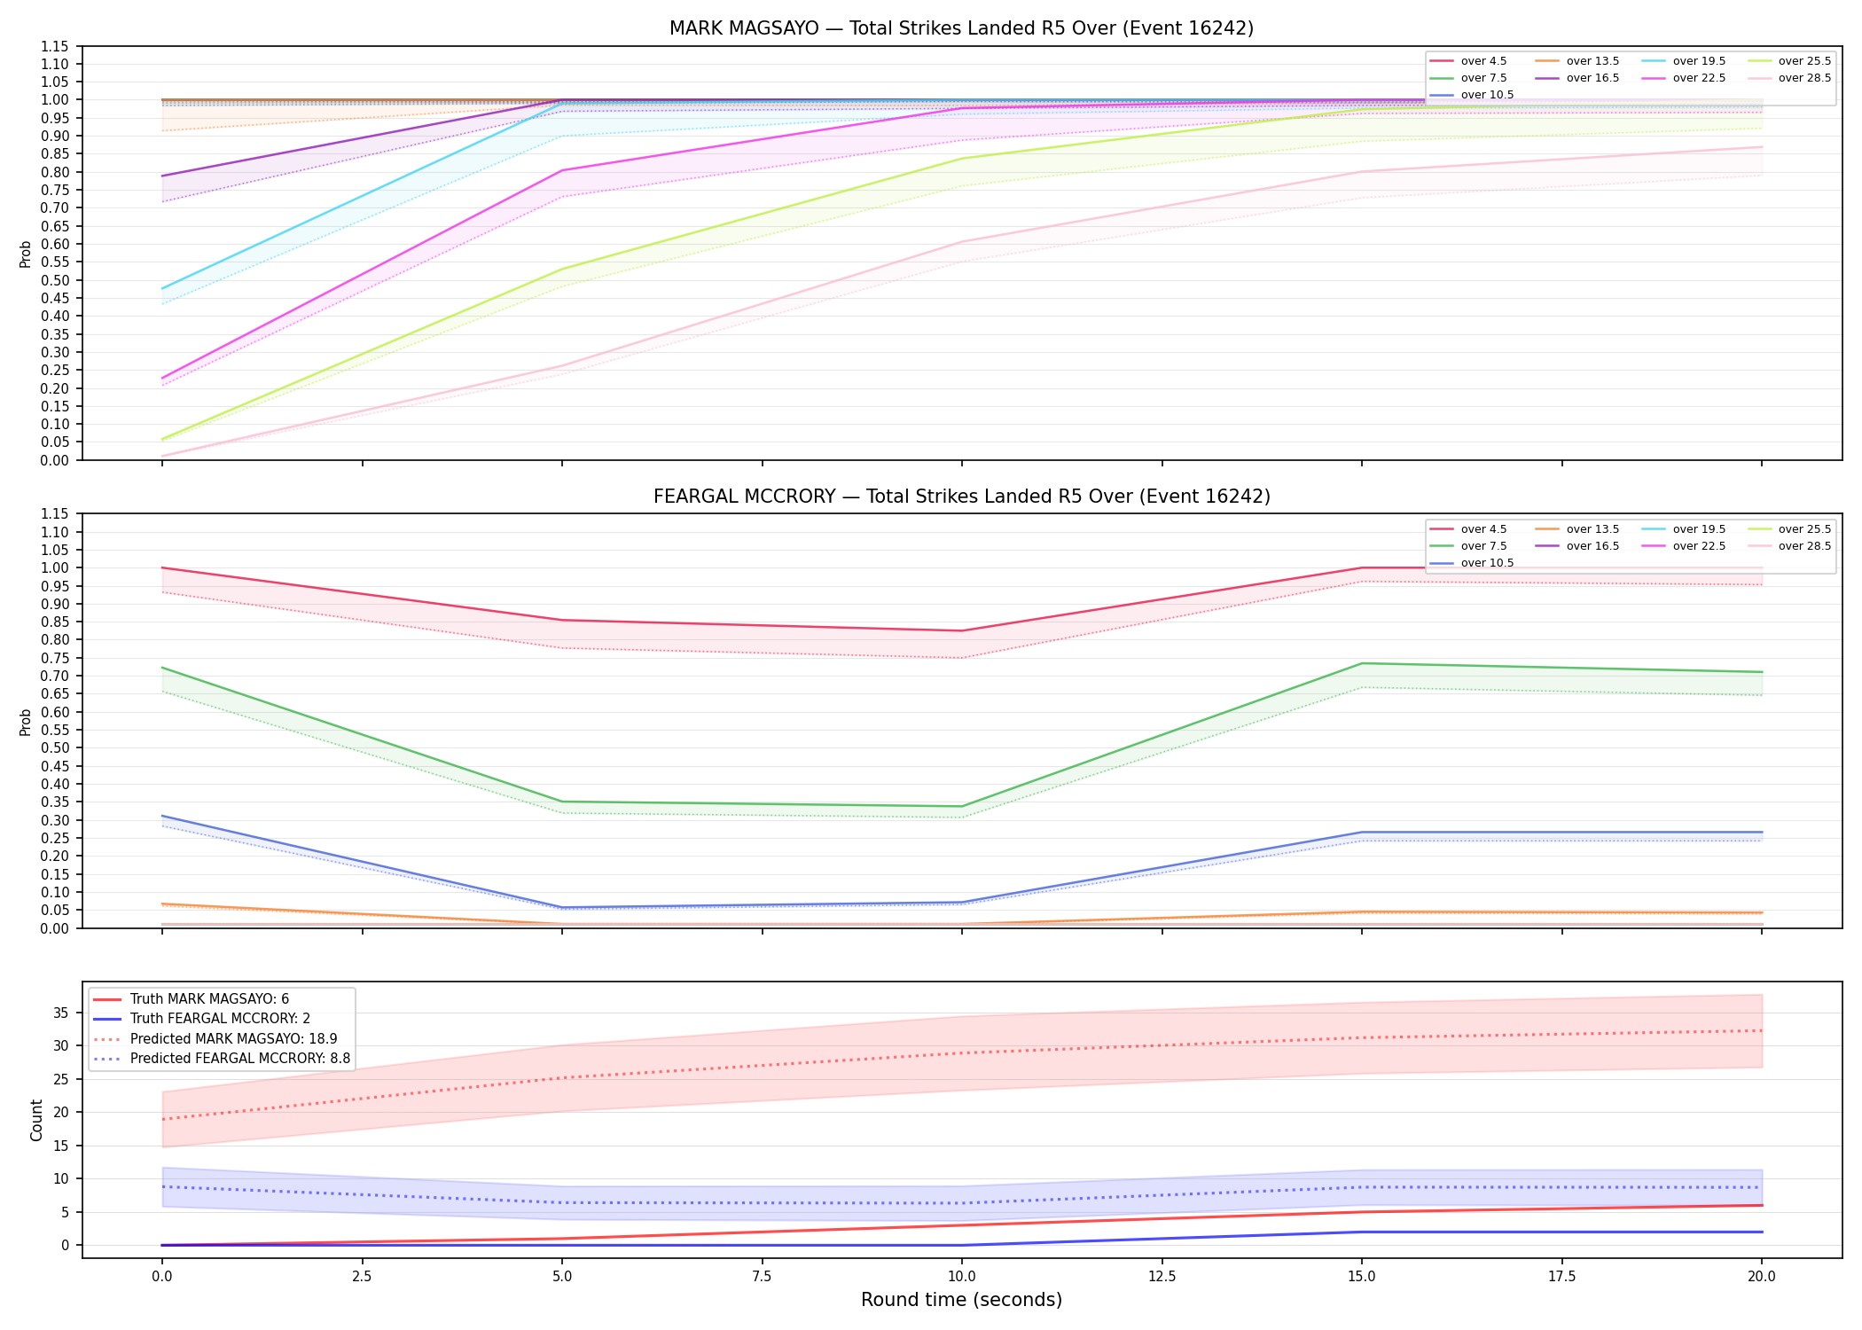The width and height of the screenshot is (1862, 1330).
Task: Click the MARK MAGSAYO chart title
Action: click(x=961, y=28)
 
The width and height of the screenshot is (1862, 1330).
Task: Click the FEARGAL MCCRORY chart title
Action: click(x=961, y=497)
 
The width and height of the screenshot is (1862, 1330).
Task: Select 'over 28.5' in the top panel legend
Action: click(x=1804, y=78)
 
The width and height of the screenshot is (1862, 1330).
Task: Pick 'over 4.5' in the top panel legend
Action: click(x=1483, y=61)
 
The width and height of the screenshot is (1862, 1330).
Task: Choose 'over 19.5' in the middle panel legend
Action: click(x=1699, y=529)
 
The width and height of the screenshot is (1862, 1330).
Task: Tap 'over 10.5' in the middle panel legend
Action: click(x=1487, y=563)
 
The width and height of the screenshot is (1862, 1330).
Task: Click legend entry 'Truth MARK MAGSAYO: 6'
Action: click(x=209, y=999)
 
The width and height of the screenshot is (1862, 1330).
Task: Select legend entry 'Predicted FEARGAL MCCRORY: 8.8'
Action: click(x=240, y=1059)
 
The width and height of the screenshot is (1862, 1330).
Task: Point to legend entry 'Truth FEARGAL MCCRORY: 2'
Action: click(x=220, y=1019)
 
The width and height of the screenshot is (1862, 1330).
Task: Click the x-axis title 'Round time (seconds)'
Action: click(x=961, y=1300)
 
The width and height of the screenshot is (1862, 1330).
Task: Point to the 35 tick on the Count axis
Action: click(x=64, y=1013)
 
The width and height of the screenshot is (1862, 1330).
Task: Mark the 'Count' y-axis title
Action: click(x=36, y=1120)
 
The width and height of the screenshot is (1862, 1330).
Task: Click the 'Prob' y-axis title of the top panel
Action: click(x=26, y=254)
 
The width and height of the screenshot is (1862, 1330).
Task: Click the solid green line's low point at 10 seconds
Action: click(x=962, y=807)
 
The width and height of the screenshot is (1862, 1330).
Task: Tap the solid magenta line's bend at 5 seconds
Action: click(x=562, y=170)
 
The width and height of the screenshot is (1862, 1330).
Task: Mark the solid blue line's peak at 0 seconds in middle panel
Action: click(x=162, y=816)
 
